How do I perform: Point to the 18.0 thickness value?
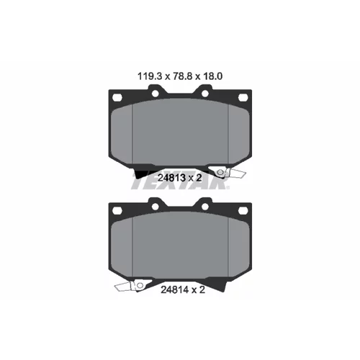coord(212,76)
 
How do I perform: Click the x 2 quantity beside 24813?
coord(194,178)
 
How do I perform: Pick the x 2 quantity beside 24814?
coord(198,290)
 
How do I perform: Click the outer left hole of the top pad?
coord(117,98)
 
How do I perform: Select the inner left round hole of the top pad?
coord(156,94)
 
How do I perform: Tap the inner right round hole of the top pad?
coord(205,94)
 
